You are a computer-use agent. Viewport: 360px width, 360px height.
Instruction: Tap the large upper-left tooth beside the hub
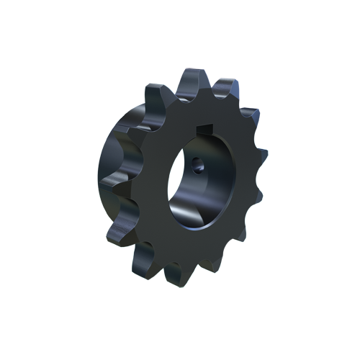[x=153, y=96]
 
